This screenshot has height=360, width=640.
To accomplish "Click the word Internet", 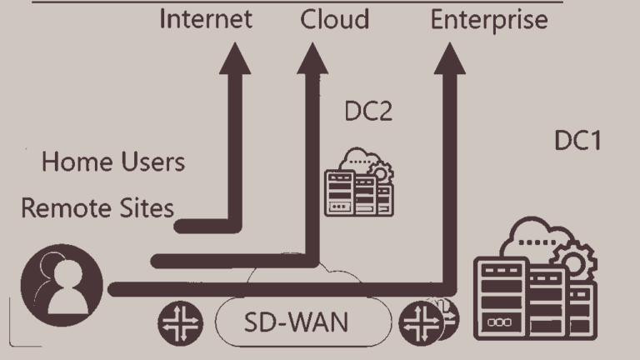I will click(x=205, y=19).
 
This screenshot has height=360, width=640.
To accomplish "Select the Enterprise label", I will click(x=489, y=20).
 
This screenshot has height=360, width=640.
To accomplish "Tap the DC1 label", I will click(x=578, y=142).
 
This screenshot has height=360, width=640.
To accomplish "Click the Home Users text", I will click(x=113, y=162).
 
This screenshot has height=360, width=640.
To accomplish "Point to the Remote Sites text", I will click(x=97, y=208).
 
